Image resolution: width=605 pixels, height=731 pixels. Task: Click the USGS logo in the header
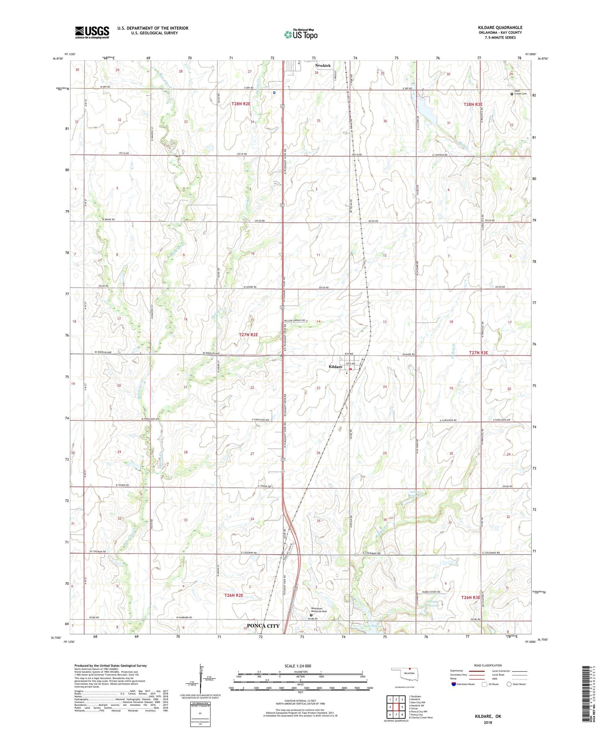[92, 32]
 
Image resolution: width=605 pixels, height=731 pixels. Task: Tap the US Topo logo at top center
[301, 34]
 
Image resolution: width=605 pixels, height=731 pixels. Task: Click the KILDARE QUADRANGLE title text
[500, 28]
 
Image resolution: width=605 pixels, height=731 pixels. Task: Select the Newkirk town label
[323, 66]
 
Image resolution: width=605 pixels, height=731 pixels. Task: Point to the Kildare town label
[335, 367]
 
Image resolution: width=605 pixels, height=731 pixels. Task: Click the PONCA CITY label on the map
[263, 625]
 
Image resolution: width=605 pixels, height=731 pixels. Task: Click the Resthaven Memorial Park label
[321, 610]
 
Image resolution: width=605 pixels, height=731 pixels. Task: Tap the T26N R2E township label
[234, 595]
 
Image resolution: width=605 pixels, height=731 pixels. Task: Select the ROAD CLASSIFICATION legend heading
[488, 665]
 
